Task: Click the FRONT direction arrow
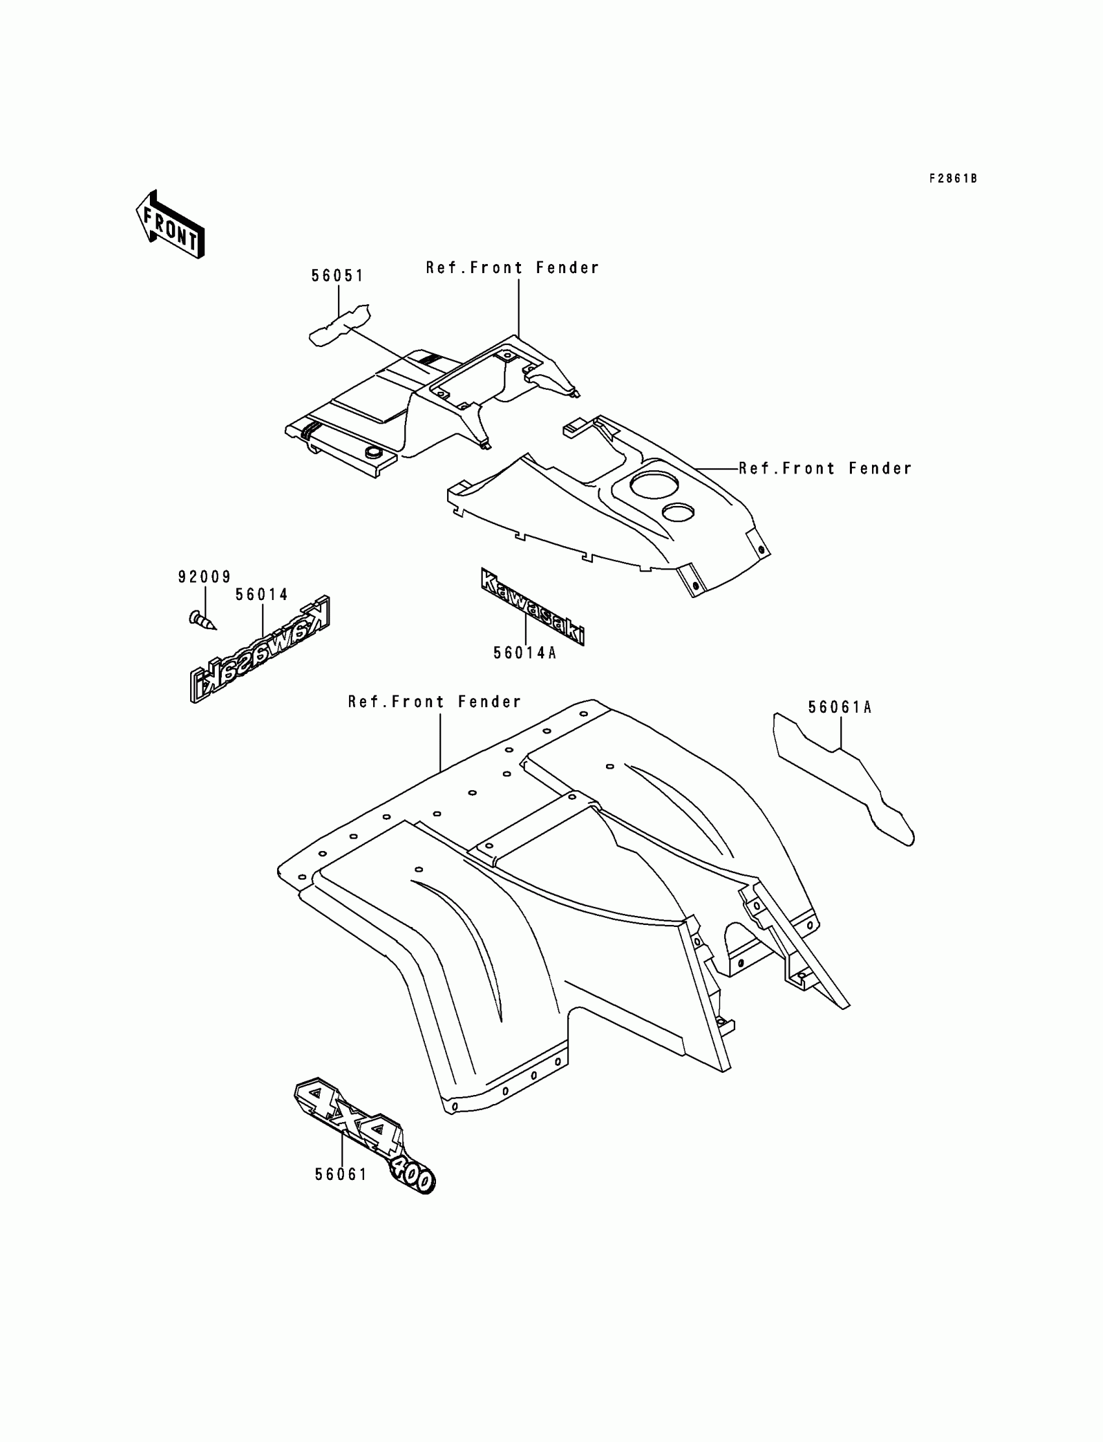point(170,224)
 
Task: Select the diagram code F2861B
point(952,178)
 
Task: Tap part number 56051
point(337,276)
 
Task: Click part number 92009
point(204,577)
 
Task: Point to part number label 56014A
point(525,653)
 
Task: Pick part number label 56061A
point(839,708)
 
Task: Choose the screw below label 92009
point(202,619)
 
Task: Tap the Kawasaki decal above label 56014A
point(533,607)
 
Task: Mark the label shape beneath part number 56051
point(339,325)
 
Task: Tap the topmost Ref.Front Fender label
point(512,268)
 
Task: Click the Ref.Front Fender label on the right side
point(825,468)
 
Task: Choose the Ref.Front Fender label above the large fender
point(435,702)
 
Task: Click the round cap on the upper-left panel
point(373,451)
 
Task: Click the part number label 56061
point(341,1175)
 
